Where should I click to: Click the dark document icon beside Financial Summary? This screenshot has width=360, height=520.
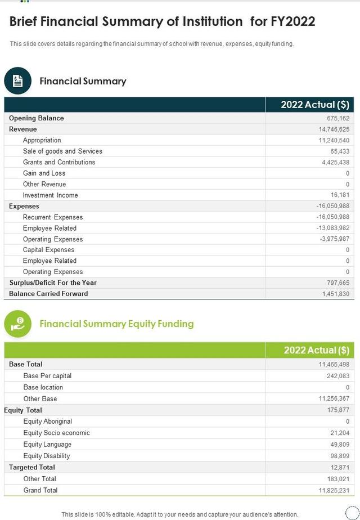18,81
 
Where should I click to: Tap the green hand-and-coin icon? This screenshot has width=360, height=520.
18,324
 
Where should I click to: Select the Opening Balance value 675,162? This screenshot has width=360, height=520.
337,118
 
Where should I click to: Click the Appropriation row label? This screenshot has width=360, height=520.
42,140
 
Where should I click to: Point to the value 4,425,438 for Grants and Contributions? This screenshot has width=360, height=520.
334,162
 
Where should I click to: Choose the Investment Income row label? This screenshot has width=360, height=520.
50,195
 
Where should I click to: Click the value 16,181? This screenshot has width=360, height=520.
339,195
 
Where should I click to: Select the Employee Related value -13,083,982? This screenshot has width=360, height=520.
332,228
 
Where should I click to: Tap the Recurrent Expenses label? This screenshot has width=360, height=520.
52,217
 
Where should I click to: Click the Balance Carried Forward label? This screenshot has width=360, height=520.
48,294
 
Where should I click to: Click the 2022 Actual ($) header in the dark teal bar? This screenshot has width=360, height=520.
315,105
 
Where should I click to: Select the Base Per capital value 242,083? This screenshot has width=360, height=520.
337,376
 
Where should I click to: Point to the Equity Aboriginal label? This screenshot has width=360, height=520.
47,422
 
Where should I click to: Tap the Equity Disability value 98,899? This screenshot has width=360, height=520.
339,456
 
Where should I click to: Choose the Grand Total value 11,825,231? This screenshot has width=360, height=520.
334,490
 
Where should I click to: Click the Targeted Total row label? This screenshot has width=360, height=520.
31,467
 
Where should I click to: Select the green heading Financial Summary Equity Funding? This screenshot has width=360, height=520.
116,324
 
